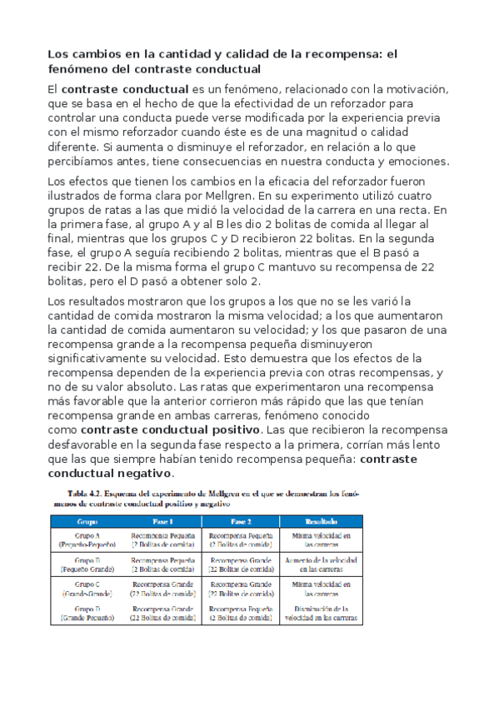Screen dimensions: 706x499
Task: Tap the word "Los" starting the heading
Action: coord(57,54)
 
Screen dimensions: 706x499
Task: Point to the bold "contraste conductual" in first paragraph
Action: coord(125,89)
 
